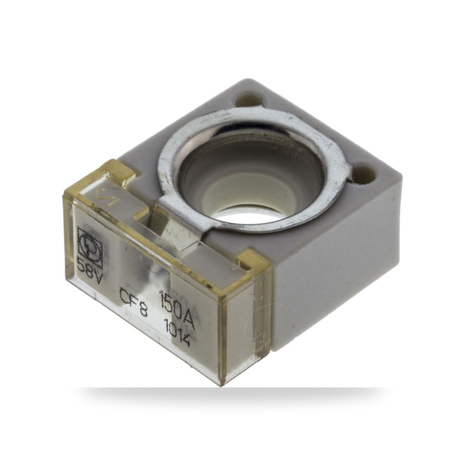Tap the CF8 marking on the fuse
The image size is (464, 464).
[133, 301]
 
